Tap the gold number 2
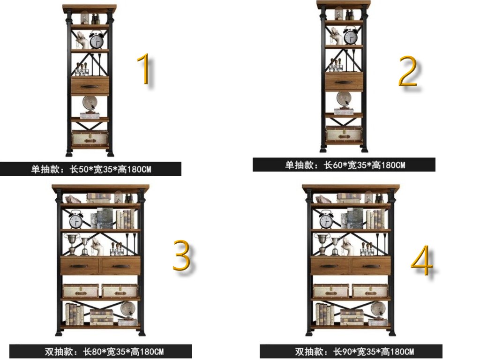pyautogui.click(x=408, y=72)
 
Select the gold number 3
pyautogui.click(x=181, y=255)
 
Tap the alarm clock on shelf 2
pyautogui.click(x=351, y=36)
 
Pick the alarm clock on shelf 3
pyautogui.click(x=76, y=220)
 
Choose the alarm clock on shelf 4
pyautogui.click(x=326, y=219)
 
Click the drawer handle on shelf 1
pyautogui.click(x=90, y=87)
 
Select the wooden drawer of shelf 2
pyautogui.click(x=344, y=82)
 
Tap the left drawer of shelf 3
pyautogui.click(x=80, y=266)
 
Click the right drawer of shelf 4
pyautogui.click(x=371, y=266)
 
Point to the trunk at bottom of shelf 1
pyautogui.click(x=90, y=138)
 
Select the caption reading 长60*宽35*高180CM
pyautogui.click(x=365, y=165)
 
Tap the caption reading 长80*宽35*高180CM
pyautogui.click(x=123, y=352)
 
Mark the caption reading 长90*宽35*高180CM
pyautogui.click(x=374, y=351)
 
